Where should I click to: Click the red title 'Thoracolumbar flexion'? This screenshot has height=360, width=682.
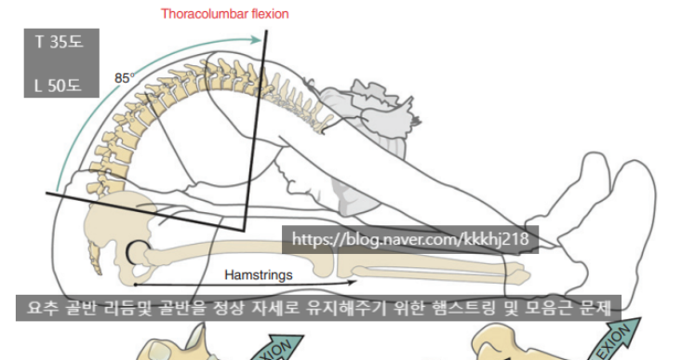click(x=224, y=14)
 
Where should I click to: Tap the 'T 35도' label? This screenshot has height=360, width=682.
click(x=59, y=42)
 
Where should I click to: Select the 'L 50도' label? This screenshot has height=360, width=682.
click(x=59, y=86)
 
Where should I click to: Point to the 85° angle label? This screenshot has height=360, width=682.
click(x=124, y=78)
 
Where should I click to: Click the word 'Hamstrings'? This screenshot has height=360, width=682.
click(x=259, y=275)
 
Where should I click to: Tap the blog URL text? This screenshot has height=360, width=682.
click(x=410, y=239)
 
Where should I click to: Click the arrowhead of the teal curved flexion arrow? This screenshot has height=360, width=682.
click(x=256, y=40)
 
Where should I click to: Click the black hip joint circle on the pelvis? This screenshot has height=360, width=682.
click(x=135, y=250)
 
